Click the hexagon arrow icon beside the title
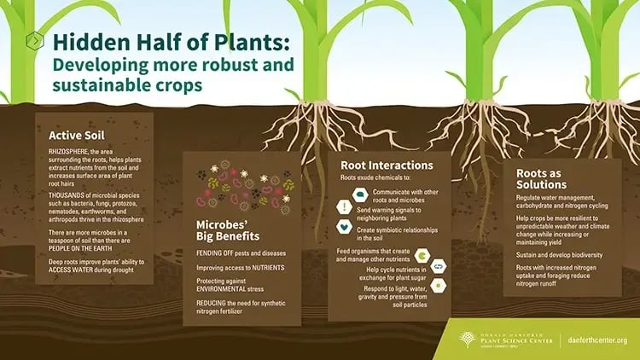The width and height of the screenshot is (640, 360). click(34, 40)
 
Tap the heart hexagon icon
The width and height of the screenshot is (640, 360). click(343, 226)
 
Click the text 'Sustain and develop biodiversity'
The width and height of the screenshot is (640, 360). click(559, 255)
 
